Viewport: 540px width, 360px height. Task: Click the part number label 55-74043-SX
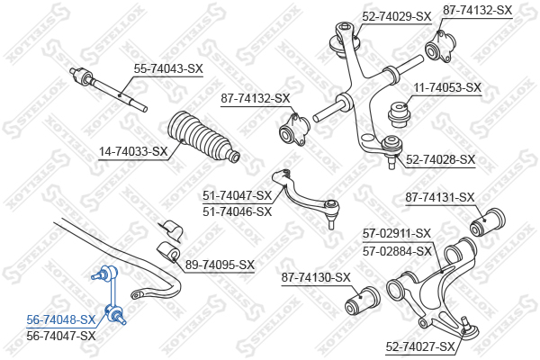click(168, 67)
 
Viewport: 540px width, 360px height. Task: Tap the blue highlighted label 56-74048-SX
click(60, 319)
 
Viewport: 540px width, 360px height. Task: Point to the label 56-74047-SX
click(60, 335)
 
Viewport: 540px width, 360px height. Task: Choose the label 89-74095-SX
click(220, 265)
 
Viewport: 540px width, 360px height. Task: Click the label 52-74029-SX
click(397, 16)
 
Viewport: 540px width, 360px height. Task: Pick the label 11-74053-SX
click(447, 88)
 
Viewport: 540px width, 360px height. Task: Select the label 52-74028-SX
click(440, 159)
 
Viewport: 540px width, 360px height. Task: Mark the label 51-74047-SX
click(237, 195)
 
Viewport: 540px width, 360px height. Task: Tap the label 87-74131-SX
click(439, 197)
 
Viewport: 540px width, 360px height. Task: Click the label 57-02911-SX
click(397, 232)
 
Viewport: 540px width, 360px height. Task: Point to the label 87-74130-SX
click(316, 277)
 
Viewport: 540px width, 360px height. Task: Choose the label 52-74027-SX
click(420, 346)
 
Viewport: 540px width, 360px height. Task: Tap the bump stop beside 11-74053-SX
click(398, 114)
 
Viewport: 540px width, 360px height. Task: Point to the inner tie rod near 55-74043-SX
click(108, 88)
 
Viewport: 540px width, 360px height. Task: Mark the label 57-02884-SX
click(397, 251)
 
